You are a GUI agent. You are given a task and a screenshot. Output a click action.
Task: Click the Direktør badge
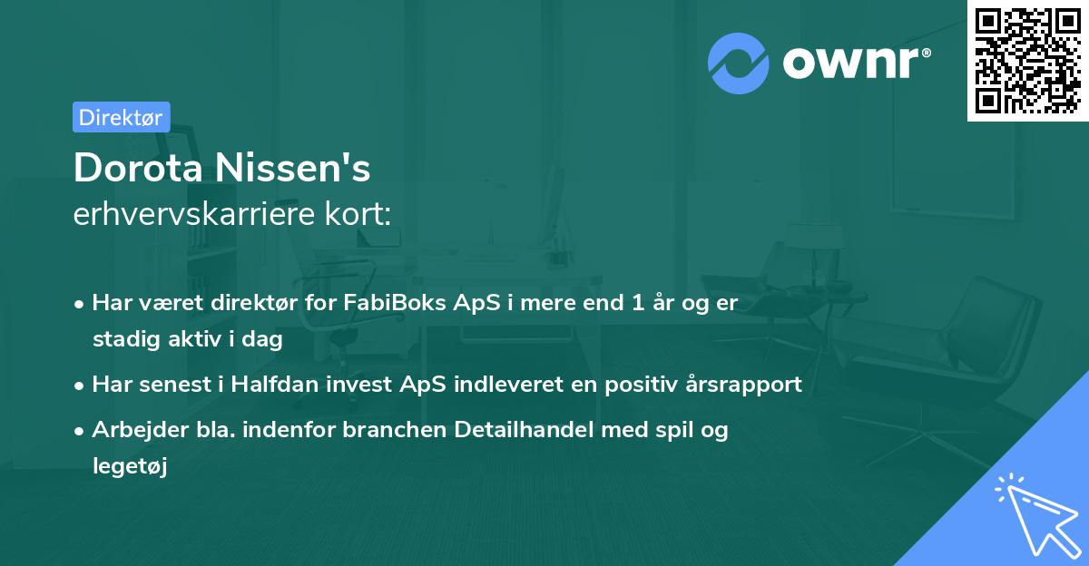pyautogui.click(x=121, y=117)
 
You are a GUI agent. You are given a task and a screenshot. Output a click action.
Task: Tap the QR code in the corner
pyautogui.click(x=1027, y=61)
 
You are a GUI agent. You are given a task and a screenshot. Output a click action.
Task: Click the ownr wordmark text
pyautogui.click(x=857, y=63)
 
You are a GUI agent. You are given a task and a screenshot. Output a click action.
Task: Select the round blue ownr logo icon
pyautogui.click(x=739, y=63)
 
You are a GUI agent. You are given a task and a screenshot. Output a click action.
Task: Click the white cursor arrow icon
pyautogui.click(x=1037, y=514)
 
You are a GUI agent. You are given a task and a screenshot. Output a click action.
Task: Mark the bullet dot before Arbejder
pyautogui.click(x=81, y=431)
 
